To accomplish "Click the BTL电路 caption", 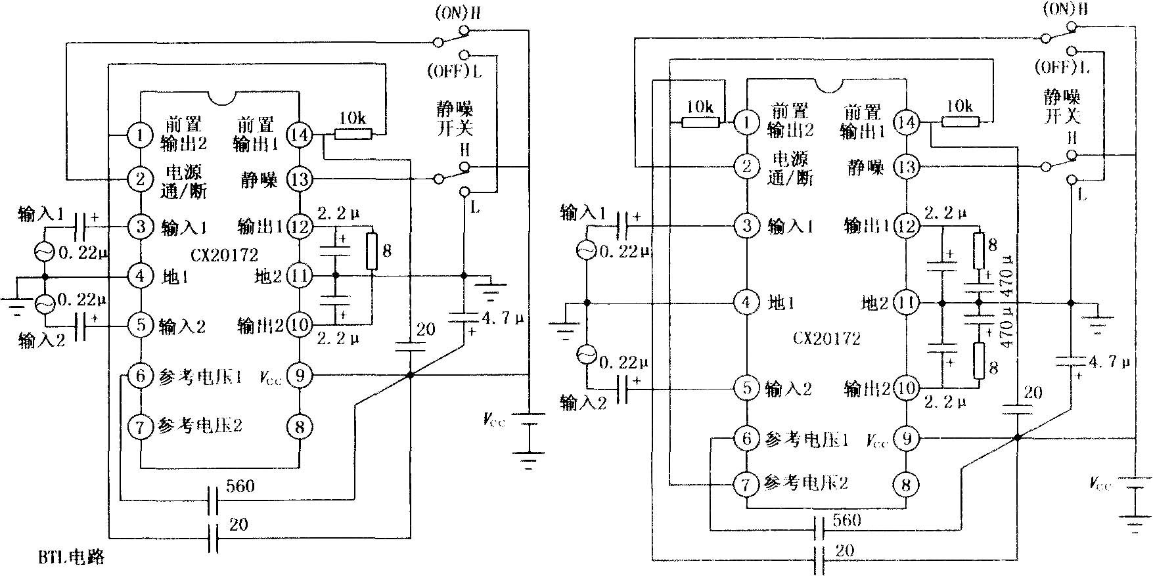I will [x=70, y=558].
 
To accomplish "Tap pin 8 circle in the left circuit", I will [x=300, y=427].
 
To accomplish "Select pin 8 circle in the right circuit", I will [x=907, y=485].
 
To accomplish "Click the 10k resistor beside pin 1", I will [x=700, y=122].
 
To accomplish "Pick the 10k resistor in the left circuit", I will [x=353, y=134].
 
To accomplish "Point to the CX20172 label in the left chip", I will [x=225, y=255].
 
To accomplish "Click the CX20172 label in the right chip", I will [x=826, y=339].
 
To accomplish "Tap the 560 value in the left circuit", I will [x=240, y=487].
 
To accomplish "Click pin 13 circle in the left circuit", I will [x=300, y=179].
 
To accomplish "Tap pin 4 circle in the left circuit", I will [x=140, y=276].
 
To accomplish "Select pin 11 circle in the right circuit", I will [x=907, y=303].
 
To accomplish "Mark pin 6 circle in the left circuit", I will [x=140, y=376].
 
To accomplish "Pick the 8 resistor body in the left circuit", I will [x=372, y=251].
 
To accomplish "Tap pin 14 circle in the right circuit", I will [x=907, y=122].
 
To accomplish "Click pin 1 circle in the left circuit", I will [x=140, y=135].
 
